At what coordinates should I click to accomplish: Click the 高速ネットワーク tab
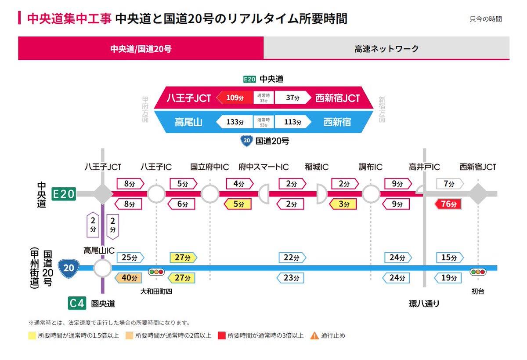tap(386, 48)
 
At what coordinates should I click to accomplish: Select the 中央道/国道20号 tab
tap(141, 48)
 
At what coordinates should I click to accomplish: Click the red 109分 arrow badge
tap(235, 98)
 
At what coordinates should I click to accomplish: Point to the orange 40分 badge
tap(129, 278)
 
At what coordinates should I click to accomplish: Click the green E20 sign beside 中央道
tap(64, 194)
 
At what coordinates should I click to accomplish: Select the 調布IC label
tap(370, 167)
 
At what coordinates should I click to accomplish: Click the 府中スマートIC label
tap(263, 167)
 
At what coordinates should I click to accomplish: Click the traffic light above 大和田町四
tap(156, 272)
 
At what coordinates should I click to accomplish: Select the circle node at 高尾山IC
tap(103, 268)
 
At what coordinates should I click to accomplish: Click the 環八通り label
tap(424, 304)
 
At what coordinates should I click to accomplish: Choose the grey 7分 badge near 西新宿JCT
tap(449, 184)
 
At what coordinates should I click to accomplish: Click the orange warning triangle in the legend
tap(314, 336)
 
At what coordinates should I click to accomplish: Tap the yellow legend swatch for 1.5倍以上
tap(31, 336)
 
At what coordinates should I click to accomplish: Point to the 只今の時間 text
tap(486, 19)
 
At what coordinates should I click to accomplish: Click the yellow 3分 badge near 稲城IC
tap(344, 204)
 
